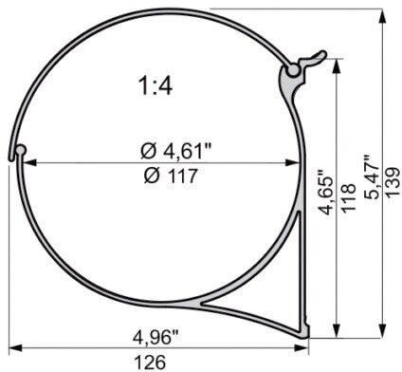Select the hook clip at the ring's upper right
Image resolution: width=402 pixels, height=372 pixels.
[x=297, y=67]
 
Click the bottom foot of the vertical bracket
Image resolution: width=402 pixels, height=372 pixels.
[x=305, y=330]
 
